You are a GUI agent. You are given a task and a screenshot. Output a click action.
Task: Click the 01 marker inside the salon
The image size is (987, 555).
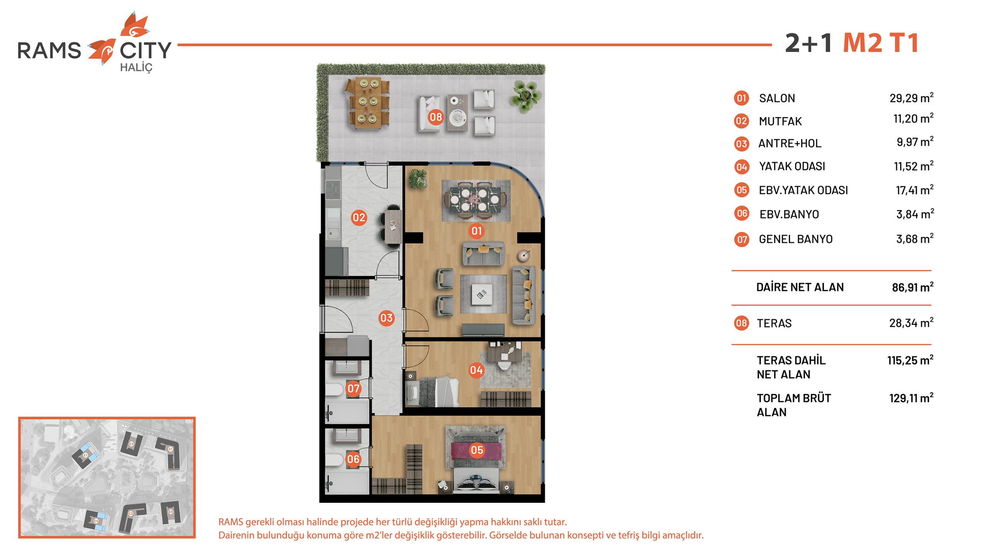pos(477,231)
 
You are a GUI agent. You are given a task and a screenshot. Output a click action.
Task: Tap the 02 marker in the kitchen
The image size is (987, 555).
pos(359,218)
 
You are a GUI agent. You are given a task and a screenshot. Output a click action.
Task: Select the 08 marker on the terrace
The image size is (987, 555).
pos(436,117)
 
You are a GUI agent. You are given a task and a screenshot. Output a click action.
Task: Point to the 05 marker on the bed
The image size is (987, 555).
pos(477,450)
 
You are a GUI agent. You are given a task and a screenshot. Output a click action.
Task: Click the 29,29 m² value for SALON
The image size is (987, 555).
pos(911,98)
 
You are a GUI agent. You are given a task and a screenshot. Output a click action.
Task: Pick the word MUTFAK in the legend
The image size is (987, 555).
pos(780,121)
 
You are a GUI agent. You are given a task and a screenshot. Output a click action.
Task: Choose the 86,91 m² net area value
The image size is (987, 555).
pos(913,287)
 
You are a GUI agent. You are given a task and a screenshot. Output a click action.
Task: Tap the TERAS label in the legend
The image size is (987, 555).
pos(774,323)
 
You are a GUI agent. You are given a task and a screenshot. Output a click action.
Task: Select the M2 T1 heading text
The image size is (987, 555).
pos(881,42)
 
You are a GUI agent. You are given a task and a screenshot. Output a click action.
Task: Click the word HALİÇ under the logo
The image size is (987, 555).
pos(136,68)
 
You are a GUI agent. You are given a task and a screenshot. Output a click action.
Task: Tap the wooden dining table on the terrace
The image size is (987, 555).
pos(367,103)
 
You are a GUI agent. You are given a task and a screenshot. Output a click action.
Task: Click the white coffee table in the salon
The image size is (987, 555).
pos(482,294)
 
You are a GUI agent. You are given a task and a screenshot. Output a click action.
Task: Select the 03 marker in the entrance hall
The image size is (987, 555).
pos(386,318)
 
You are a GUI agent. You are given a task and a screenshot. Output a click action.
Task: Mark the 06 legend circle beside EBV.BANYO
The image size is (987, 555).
pos(741,214)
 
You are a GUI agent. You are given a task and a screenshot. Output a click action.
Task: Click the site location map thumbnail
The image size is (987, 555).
pos(107,477)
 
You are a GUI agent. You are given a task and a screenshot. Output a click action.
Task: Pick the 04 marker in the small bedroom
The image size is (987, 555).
pos(476,370)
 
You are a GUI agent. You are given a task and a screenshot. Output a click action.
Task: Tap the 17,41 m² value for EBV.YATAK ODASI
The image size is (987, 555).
pos(915,190)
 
